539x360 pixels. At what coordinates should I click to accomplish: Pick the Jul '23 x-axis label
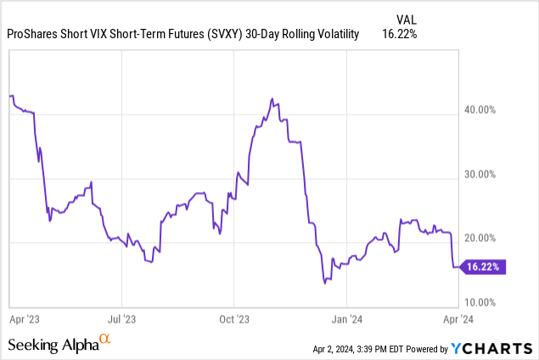click(x=121, y=319)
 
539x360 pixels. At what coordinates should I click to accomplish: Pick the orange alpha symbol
click(x=105, y=340)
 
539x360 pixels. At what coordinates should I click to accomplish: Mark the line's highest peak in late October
click(x=271, y=98)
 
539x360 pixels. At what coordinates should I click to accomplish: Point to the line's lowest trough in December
click(x=325, y=283)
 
